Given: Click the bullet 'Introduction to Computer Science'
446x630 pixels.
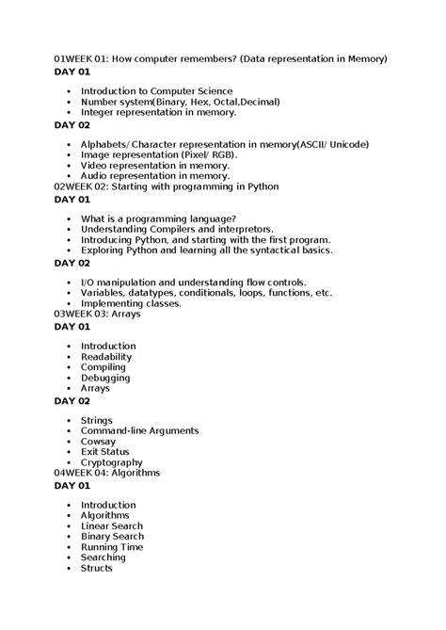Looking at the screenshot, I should click(156, 91).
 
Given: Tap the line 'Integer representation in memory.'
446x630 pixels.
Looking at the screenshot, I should click(158, 112).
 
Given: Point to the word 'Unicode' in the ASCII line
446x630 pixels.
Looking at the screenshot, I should click(344, 144).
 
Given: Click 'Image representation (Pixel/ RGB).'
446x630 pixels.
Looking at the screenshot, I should click(159, 154).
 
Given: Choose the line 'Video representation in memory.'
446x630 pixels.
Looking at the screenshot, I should click(155, 165).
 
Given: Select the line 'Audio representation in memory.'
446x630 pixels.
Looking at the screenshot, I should click(155, 175).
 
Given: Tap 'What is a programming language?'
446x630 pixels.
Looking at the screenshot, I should click(158, 218).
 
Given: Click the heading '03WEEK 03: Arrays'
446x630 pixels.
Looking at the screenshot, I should click(98, 314).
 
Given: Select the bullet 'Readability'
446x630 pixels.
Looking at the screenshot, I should click(106, 357).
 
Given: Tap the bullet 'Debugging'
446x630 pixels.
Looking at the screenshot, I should click(105, 378).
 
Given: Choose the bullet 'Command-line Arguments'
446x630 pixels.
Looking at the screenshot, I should click(139, 430).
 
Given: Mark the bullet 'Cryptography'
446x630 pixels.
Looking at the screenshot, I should click(111, 462).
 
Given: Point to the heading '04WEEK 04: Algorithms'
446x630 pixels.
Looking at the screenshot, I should click(107, 473).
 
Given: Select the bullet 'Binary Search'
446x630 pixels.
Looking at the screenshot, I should click(112, 536).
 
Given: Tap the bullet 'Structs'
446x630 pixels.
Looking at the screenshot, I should click(96, 568).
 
